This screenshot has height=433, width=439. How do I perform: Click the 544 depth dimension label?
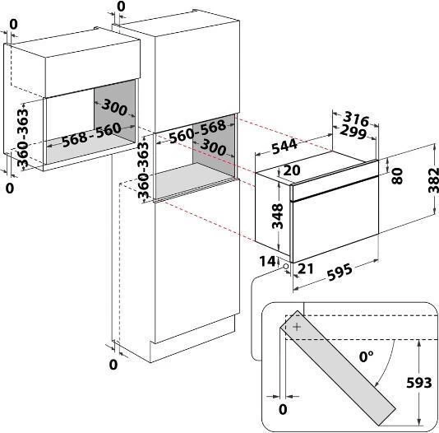pos(284,146)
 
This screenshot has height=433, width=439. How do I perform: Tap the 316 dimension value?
pos(356,119)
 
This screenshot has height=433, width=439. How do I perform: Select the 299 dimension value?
pos(353,132)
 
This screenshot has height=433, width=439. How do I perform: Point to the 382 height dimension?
pos(433,180)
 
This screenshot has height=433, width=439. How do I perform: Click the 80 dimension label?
pos(397,176)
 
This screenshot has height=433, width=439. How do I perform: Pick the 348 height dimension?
pos(278,216)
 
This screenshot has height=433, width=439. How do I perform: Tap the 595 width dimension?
pos(340,272)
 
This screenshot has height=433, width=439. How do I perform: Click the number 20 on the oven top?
pos(292,170)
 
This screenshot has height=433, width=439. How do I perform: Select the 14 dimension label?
pos(268,261)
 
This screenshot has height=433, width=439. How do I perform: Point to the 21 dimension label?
pos(306,268)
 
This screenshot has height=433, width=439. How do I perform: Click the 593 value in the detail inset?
pos(418,383)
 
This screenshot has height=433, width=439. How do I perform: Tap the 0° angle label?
pos(366,356)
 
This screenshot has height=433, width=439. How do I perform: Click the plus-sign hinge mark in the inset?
pos(297,327)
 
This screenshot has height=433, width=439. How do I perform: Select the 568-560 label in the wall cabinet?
pos(91,135)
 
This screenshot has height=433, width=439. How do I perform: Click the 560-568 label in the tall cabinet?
pos(197,132)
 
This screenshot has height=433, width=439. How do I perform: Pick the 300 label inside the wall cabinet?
pos(114,107)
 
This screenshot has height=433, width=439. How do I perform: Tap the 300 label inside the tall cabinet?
pos(214,147)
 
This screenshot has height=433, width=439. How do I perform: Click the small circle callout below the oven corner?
pos(286,266)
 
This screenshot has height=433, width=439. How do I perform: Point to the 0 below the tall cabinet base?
pos(113,365)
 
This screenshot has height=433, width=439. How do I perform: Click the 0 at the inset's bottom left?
pos(283,409)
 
